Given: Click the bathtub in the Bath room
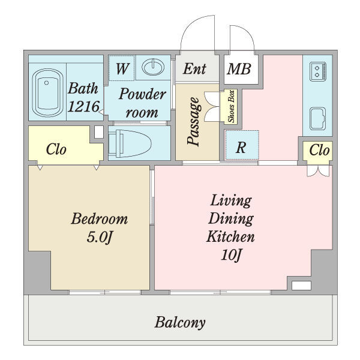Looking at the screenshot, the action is tap(48, 93).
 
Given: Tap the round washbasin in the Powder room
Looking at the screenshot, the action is tap(153, 67).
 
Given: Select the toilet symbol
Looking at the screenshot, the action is tap(130, 143).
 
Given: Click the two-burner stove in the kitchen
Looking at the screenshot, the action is tap(318, 71).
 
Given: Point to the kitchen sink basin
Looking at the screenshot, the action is tap(318, 119).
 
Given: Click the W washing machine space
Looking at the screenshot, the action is tap(122, 68).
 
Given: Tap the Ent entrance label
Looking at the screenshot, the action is tap(194, 68).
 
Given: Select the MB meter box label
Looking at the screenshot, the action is tap(239, 69).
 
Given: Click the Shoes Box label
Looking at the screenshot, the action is tap(231, 106).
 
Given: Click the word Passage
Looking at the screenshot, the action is tap(193, 121).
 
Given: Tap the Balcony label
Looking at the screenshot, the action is tap(180, 323).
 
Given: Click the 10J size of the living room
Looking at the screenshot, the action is tap(232, 256).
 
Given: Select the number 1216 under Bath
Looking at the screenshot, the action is tap(84, 107).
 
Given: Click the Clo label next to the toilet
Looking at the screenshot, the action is tap(56, 149).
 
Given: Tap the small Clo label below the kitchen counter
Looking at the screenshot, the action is tap(319, 151).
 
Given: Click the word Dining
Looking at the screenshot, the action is tap(231, 219).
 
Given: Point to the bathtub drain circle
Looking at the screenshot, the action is tap(47, 83).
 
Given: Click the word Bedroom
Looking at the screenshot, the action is tap(100, 219).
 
